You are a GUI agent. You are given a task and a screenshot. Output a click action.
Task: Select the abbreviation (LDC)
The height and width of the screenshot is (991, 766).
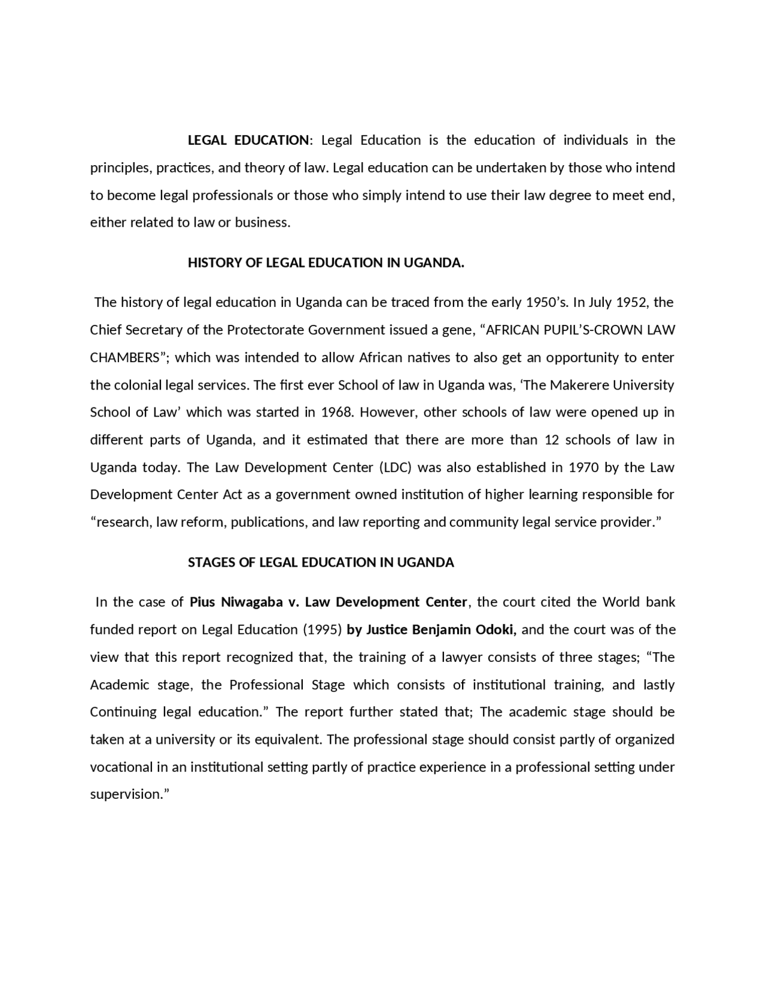coord(395,467)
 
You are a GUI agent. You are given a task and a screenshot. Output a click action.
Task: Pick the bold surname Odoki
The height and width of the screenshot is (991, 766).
coord(497,630)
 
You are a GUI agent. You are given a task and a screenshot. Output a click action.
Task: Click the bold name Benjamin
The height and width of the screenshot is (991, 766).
coord(442,630)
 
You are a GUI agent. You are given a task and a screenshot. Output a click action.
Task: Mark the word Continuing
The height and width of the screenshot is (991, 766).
coord(123,712)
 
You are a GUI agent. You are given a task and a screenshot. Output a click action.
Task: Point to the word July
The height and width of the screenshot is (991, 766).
coord(600,302)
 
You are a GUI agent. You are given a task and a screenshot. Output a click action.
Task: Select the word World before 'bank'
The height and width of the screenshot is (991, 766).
coord(622,602)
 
